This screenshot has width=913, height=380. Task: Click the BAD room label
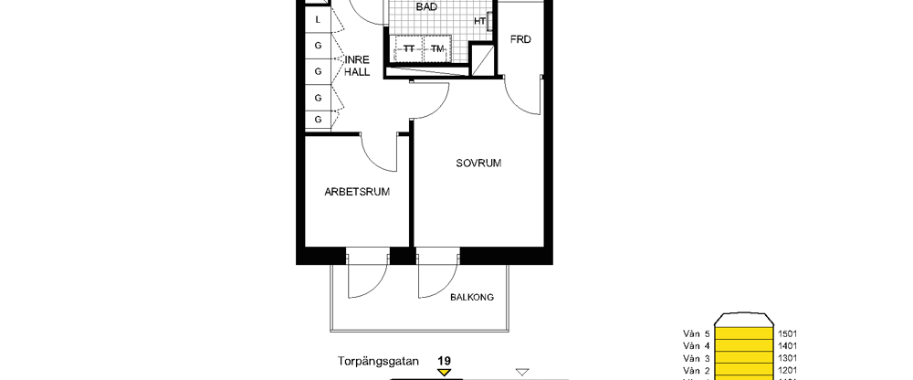[x=426, y=7]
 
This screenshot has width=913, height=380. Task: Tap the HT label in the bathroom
[x=480, y=22]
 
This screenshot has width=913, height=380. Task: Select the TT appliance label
[x=409, y=48]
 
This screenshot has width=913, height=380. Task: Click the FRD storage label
[x=521, y=40]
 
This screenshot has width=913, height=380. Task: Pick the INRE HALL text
[x=356, y=67]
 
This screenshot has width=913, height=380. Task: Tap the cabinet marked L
[x=318, y=19]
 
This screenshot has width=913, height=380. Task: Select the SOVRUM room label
[x=479, y=164]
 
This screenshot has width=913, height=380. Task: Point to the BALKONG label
[x=472, y=298]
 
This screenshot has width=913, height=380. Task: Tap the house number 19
[x=445, y=360]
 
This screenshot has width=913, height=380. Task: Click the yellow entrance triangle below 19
[x=445, y=373]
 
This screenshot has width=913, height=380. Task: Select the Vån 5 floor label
[x=695, y=334]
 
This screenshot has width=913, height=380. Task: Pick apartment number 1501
[x=787, y=334]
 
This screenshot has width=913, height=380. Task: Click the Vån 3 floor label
[x=695, y=358]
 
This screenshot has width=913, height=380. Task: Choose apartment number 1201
[x=787, y=370]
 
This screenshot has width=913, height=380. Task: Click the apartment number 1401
[x=787, y=346]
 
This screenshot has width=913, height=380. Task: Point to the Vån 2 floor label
[x=695, y=370]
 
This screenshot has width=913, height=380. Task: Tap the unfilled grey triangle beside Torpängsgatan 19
[x=522, y=372]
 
